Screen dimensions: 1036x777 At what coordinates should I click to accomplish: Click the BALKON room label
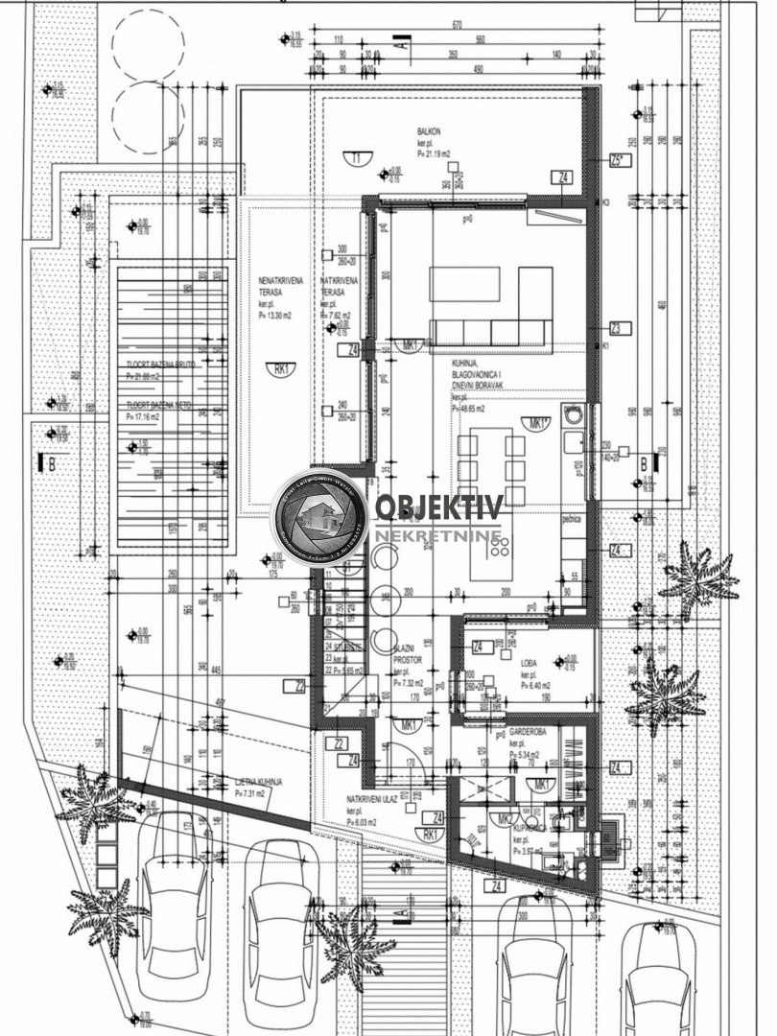pos(430,130)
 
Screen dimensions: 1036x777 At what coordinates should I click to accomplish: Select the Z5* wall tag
pos(619,160)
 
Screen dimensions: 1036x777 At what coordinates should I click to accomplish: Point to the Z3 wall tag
pos(620,329)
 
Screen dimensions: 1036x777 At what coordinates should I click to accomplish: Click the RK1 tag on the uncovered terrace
pos(282,366)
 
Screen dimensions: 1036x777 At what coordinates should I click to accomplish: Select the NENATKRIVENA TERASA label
pos(281,285)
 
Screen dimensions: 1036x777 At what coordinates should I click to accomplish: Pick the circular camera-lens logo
pos(320,516)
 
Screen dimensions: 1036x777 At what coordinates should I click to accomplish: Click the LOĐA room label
pos(529,663)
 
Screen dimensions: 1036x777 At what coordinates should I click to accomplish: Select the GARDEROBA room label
pos(529,730)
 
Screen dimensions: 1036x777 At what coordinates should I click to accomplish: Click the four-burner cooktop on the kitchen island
pos(501,547)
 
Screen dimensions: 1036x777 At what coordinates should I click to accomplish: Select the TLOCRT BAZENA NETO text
pos(159,406)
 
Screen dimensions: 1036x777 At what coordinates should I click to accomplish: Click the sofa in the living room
pos(490,332)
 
